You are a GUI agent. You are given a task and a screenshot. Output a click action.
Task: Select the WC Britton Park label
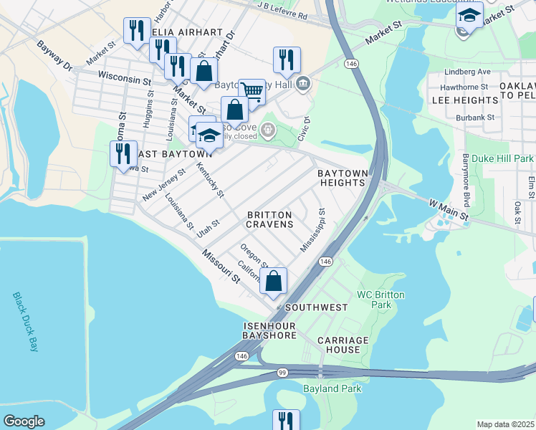381,300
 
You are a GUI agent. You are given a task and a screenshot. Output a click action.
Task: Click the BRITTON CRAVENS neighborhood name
270,219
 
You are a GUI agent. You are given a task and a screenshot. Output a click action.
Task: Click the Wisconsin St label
124,76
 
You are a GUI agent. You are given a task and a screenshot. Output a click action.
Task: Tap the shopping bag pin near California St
273,281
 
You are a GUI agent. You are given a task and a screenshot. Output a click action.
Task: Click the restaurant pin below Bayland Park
286,420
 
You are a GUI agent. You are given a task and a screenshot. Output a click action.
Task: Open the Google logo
24,421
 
